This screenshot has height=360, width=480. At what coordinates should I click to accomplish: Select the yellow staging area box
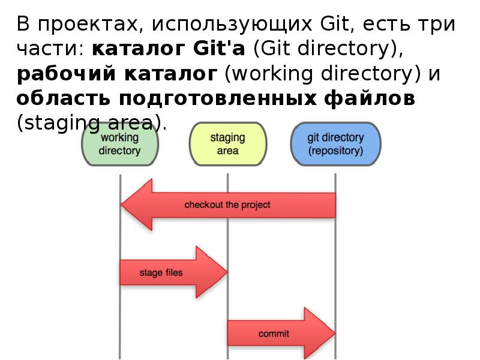coord(227,144)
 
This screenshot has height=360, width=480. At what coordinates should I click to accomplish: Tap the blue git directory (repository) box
coord(335,144)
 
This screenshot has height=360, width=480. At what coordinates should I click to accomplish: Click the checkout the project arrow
coord(227,205)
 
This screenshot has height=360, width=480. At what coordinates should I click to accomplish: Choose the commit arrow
coord(276,333)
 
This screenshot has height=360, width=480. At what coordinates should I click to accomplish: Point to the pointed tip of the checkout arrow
coord(122,205)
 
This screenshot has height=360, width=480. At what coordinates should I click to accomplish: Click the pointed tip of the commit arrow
coord(333,333)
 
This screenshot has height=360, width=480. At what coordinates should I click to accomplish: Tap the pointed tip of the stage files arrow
coord(226,272)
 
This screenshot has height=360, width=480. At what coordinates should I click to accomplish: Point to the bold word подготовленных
coord(212,98)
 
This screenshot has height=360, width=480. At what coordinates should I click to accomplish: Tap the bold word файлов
coord(372,98)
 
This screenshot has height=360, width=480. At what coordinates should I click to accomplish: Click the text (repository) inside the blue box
coord(335,151)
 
